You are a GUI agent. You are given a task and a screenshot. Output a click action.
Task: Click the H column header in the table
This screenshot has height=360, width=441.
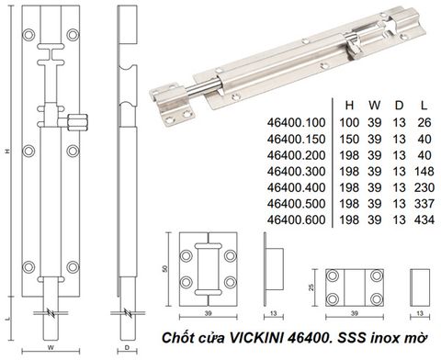click(x=349, y=106)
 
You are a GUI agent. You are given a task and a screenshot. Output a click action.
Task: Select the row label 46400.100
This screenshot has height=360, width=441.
click(x=296, y=122)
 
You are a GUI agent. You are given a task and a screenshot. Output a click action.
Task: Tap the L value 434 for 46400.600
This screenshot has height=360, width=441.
click(x=424, y=219)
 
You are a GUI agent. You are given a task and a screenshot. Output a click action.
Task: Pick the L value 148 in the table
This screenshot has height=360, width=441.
click(x=424, y=171)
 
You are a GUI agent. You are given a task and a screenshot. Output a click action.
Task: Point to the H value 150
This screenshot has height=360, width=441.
click(x=349, y=139)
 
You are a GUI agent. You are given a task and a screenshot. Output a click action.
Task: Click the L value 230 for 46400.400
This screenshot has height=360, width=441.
click(x=424, y=187)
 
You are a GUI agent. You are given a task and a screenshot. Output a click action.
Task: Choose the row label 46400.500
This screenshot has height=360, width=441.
click(x=296, y=204)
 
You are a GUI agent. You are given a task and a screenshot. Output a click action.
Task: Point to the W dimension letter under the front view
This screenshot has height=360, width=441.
click(x=51, y=347)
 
